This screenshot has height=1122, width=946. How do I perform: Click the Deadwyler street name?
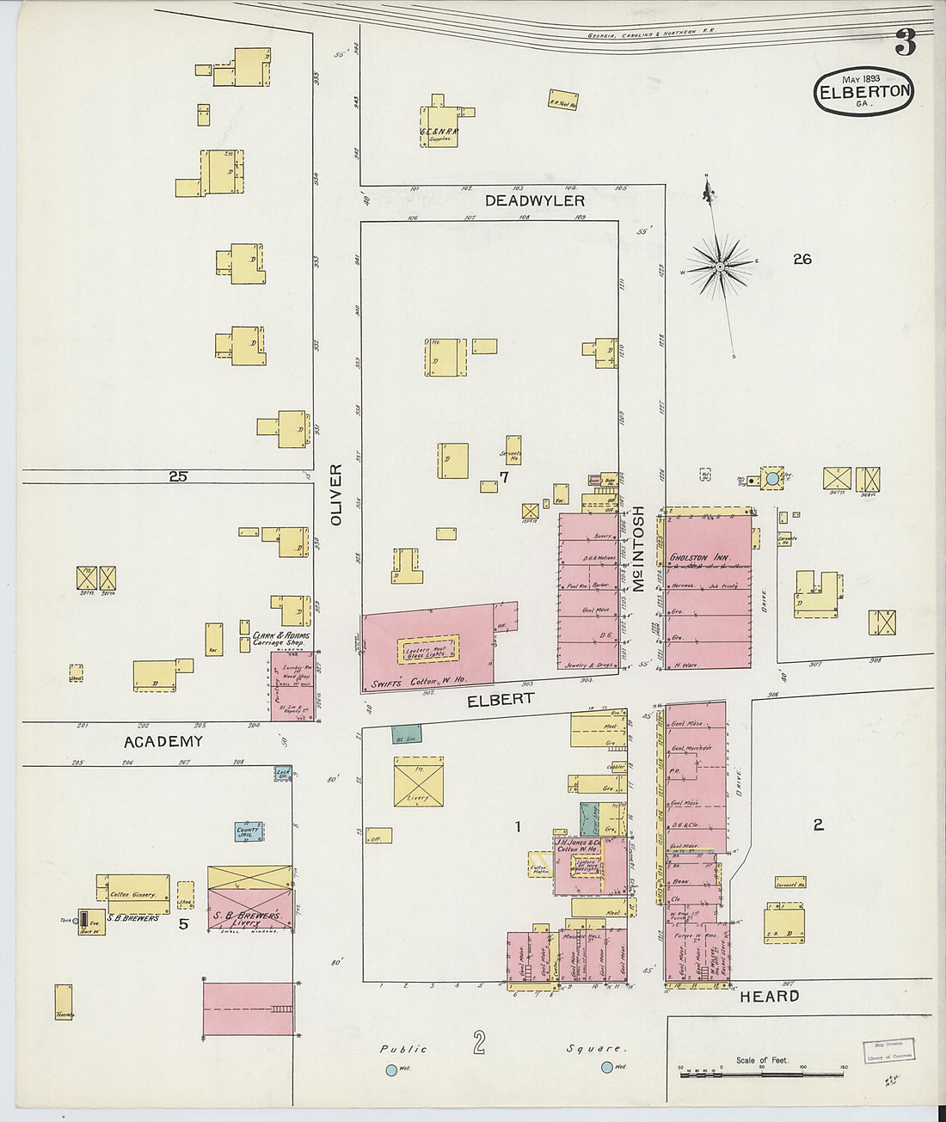coord(534,200)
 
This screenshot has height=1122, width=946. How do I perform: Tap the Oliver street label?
coord(336,495)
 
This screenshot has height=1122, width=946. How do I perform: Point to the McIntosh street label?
coord(638,549)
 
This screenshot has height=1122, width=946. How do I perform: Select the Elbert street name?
coord(500,700)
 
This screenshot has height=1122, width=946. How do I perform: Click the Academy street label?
coord(163,741)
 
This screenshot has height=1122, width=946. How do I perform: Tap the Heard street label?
coord(770,996)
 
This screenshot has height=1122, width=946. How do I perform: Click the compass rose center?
coord(720,267)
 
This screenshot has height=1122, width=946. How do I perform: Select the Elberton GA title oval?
coord(863,92)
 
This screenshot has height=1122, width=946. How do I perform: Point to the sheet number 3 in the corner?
coord(905,41)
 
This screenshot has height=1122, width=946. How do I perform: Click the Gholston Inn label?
coord(699,558)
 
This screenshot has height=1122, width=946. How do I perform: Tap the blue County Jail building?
coord(249,831)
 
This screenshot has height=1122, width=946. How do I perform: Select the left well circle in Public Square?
coord(391,1070)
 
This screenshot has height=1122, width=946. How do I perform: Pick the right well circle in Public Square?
coord(607,1067)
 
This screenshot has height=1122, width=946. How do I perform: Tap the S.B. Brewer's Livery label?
coord(248,919)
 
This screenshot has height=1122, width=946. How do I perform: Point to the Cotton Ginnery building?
coord(132,895)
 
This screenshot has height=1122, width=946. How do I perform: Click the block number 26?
coord(802,259)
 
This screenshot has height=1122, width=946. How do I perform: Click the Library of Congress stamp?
coord(888,1051)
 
